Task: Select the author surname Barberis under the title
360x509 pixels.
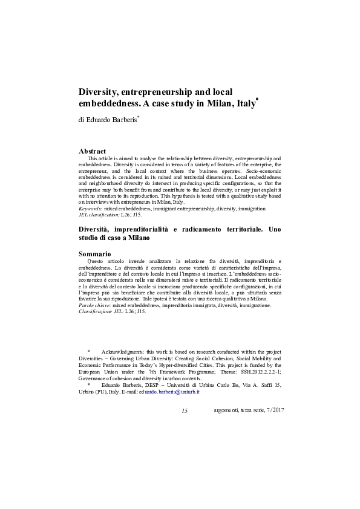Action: [123, 120]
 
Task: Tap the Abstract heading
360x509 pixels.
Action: [93, 151]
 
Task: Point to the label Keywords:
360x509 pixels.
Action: [91, 209]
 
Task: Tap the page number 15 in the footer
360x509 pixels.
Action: [185, 411]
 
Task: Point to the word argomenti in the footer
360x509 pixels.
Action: [226, 411]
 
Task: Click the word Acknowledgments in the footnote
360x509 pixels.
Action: [123, 352]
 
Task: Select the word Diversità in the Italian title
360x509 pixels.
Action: [97, 230]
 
